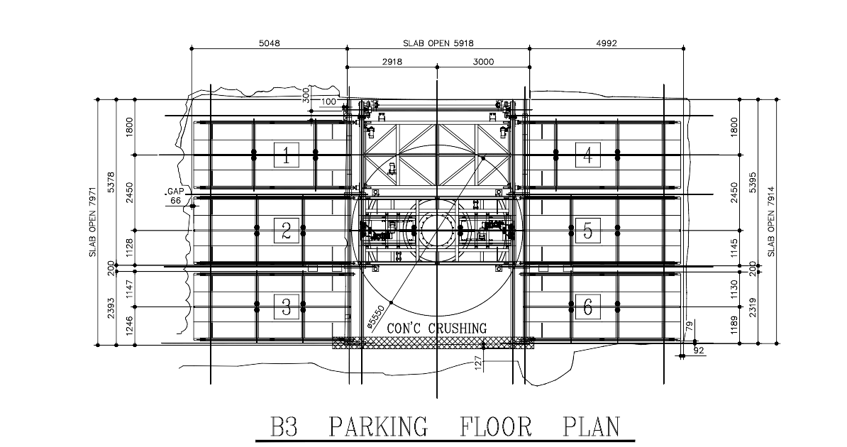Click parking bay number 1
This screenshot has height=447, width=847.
287,155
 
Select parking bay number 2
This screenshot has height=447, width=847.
287,231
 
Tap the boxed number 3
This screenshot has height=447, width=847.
287,307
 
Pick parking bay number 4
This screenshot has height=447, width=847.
587,155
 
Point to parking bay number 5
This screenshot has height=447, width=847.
587,231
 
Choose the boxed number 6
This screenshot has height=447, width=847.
587,307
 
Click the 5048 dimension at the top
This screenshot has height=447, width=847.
270,43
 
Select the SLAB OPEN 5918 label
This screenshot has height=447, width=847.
438,43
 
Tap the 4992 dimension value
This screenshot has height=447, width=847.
606,43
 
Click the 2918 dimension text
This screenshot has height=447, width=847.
392,62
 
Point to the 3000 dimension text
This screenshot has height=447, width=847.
484,62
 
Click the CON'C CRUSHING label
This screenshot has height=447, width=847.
437,328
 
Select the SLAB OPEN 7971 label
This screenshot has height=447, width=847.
92,222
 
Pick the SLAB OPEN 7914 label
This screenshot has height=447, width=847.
771,221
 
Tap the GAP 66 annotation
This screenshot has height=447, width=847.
174,197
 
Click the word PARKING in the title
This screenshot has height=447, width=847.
379,426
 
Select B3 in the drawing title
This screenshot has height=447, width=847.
284,426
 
